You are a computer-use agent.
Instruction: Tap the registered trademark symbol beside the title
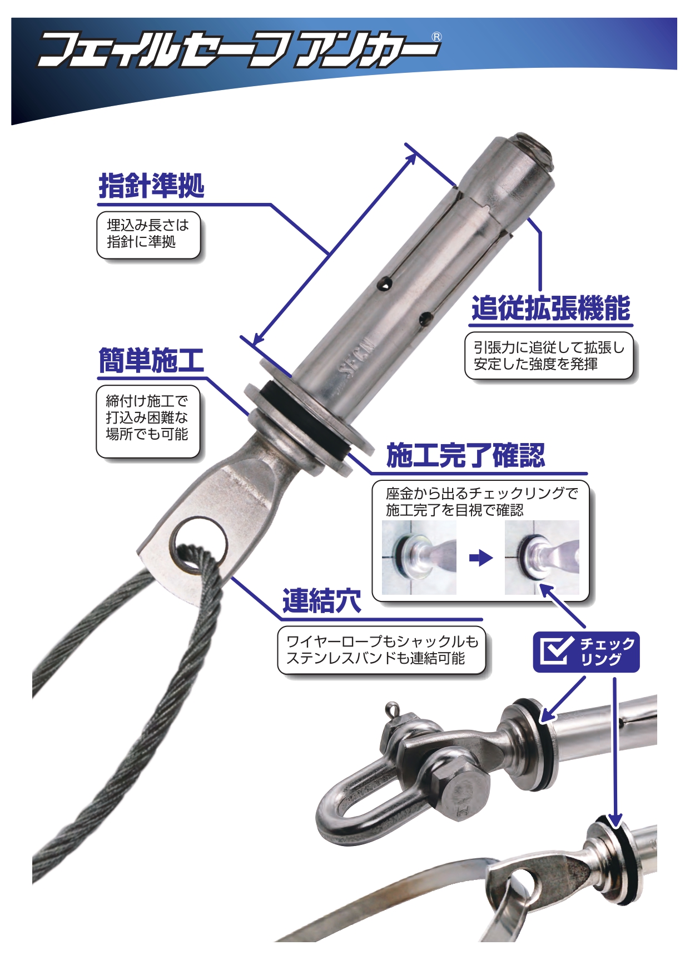(436, 37)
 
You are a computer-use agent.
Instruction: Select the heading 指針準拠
(152, 186)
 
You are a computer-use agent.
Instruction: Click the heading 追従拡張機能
(551, 308)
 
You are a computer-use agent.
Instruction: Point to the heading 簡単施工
(151, 360)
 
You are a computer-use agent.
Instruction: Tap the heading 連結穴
(322, 601)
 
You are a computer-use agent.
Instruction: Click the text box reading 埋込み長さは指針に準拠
(148, 235)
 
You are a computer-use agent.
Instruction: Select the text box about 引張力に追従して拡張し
(549, 356)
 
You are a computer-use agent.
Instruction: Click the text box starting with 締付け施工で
(148, 421)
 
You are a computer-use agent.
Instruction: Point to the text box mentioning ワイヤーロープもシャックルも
(382, 650)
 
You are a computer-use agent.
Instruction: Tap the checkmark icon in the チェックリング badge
(557, 651)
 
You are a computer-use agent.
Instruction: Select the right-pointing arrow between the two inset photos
(480, 558)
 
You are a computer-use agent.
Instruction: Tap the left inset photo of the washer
(419, 558)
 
